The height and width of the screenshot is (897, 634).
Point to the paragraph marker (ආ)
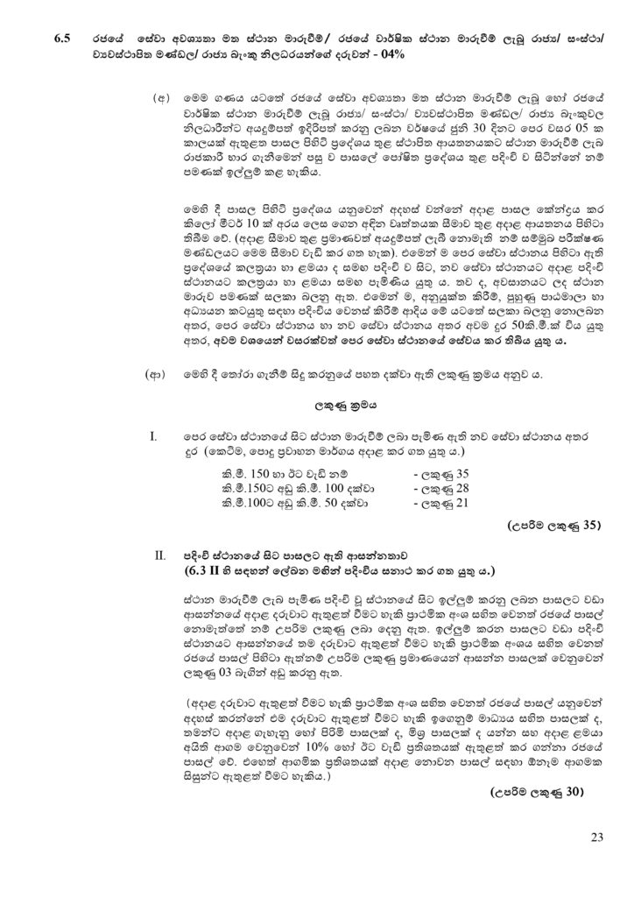click(156, 374)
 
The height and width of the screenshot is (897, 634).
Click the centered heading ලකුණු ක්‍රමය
click(319, 406)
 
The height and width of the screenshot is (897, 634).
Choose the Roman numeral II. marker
click(159, 555)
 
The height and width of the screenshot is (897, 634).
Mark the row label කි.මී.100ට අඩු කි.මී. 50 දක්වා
click(295, 503)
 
